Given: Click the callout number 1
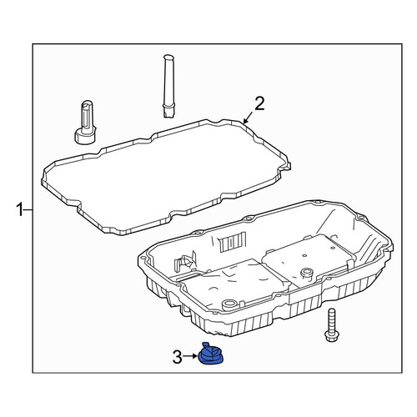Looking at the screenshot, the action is (x=20, y=209).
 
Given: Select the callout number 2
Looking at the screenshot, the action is (x=259, y=103).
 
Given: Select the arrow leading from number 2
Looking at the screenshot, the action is (x=248, y=117).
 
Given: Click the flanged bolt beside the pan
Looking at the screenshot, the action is (x=330, y=325).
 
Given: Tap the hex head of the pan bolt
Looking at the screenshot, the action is (x=330, y=336).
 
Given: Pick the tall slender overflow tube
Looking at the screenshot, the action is (x=168, y=86).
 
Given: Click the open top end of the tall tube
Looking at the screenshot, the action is (x=168, y=57).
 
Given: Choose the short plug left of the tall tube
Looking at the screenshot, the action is (x=85, y=123).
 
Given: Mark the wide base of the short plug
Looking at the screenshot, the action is (x=85, y=136).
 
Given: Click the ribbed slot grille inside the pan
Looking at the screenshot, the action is (x=233, y=243).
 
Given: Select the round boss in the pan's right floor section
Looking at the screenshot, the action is (x=306, y=272).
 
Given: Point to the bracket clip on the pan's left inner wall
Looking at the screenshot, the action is (x=183, y=261).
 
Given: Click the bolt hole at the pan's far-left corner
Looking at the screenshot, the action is (x=143, y=259).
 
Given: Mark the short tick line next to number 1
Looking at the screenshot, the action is (x=28, y=209).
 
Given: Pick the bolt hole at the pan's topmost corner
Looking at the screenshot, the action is (x=314, y=202).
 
